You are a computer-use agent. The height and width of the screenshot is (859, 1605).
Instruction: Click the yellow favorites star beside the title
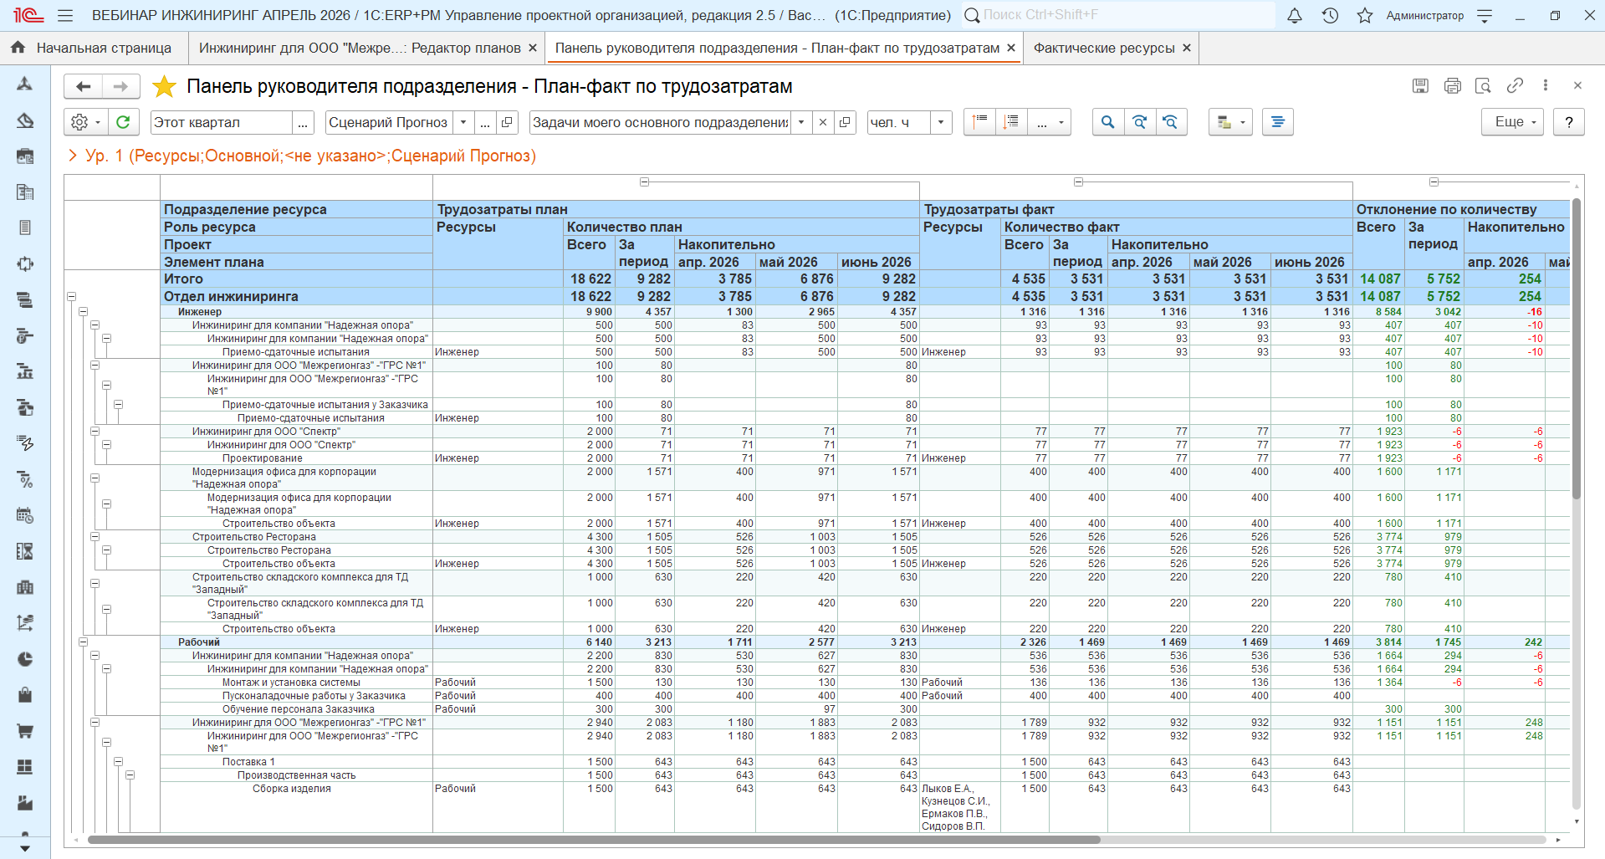click(165, 86)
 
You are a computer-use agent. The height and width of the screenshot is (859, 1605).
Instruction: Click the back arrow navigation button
click(84, 86)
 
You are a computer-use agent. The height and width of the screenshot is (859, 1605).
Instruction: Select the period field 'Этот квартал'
click(222, 122)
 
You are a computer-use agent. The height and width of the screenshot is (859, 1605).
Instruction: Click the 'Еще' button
click(1513, 122)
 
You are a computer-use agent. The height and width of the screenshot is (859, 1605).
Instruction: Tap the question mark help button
click(1569, 122)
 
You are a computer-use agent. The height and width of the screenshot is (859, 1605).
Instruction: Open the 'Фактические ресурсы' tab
click(1104, 49)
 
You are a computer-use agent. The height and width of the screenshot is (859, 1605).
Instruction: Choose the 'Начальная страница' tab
click(104, 49)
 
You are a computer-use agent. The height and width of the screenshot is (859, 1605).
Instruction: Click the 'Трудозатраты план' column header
click(503, 209)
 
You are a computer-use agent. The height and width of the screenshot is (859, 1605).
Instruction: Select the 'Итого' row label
click(183, 279)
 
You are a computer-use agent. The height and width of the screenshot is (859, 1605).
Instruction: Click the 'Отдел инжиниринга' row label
click(231, 296)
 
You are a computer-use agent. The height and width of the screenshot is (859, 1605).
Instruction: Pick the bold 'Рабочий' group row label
click(199, 642)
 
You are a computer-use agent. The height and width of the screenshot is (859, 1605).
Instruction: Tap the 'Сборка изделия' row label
click(292, 789)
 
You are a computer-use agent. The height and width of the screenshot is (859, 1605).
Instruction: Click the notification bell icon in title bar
click(1295, 15)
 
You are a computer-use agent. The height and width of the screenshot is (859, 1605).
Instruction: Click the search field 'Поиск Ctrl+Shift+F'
click(1118, 15)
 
